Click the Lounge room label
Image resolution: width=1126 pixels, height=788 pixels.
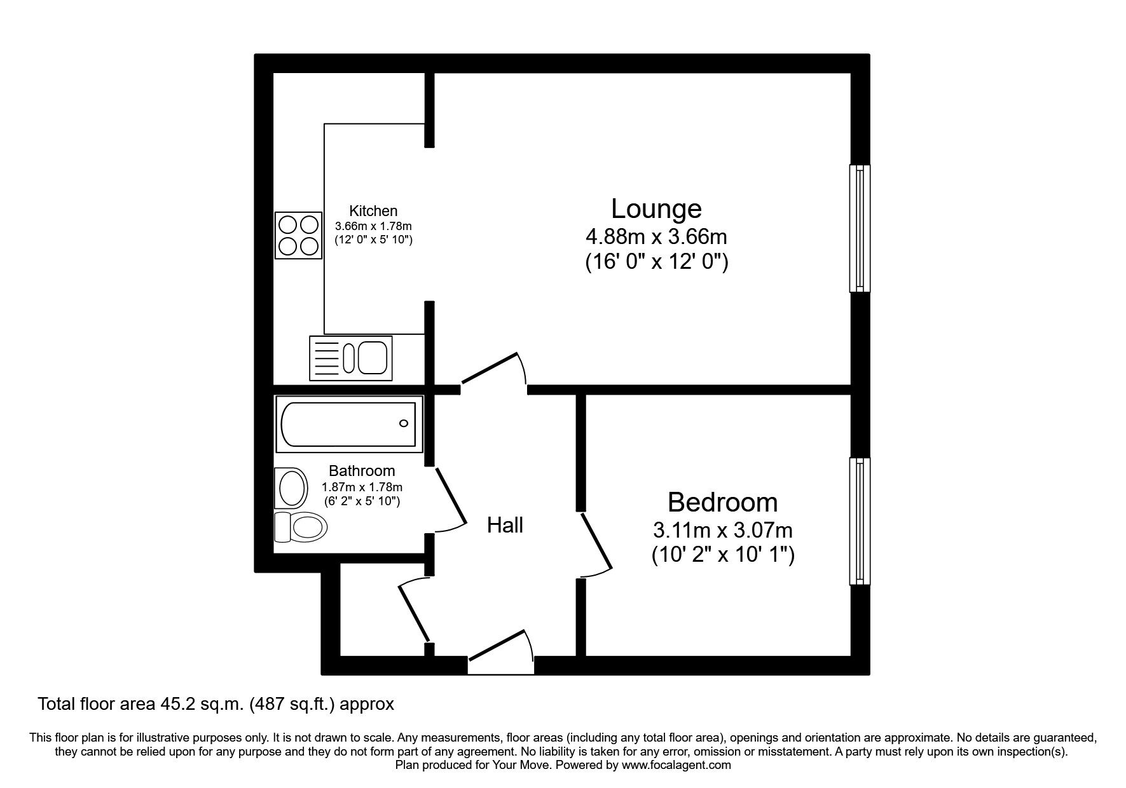656,209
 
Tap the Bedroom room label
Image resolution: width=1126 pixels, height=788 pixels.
722,503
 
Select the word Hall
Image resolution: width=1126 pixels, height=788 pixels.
505,525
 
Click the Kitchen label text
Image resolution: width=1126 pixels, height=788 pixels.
373,211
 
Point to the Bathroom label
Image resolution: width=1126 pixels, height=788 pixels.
362,471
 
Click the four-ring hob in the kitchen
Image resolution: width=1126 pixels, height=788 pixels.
298,235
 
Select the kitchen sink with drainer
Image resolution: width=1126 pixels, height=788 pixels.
350,358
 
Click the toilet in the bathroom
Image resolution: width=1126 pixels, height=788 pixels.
301,527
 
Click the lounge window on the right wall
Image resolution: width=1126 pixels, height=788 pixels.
860,229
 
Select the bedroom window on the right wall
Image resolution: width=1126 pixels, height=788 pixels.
860,521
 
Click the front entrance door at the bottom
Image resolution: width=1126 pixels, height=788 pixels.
499,648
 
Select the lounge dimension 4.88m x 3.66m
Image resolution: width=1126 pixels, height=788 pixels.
656,237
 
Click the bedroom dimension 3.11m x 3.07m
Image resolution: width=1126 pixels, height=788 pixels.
722,529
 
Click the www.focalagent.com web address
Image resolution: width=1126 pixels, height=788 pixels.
676,765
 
